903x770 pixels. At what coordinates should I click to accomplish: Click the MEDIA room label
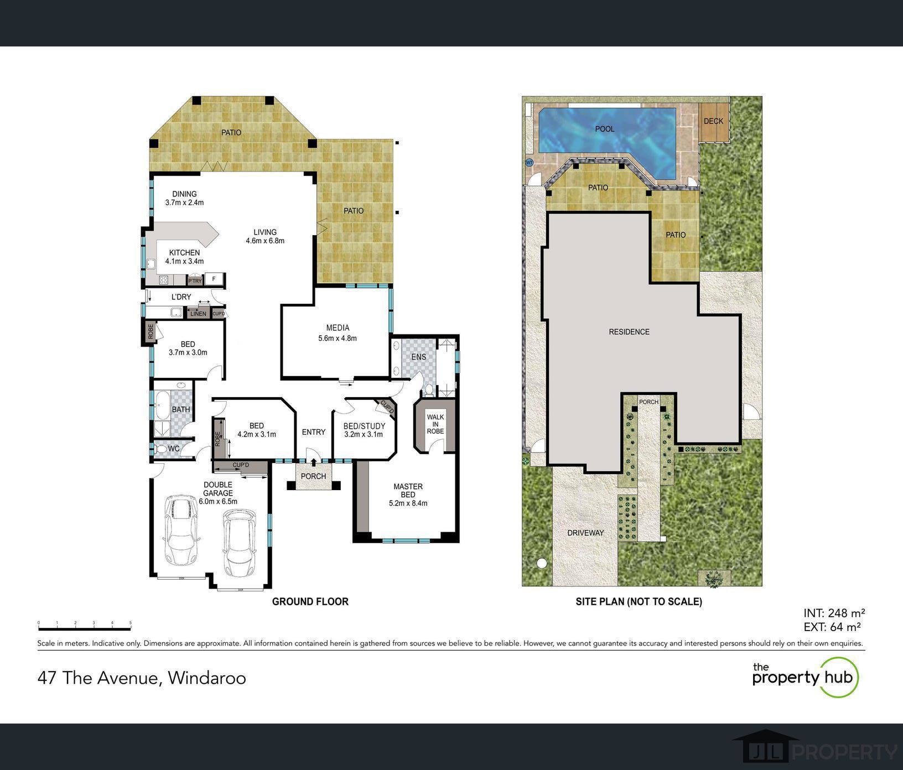point(337,328)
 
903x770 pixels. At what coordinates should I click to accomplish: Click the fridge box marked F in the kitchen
point(214,279)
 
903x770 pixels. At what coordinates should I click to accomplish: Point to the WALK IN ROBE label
point(435,424)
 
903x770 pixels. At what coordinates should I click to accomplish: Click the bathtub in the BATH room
point(162,406)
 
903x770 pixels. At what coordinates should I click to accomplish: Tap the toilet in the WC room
point(160,449)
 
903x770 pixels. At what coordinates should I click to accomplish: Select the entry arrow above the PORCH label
point(314,462)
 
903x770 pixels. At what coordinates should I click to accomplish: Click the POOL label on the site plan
point(604,129)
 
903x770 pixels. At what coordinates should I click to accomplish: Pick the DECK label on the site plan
point(713,121)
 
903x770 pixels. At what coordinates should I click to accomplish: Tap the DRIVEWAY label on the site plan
point(585,533)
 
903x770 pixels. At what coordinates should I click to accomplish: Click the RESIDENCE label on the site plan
point(629,332)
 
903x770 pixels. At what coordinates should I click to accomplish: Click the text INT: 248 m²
point(834,613)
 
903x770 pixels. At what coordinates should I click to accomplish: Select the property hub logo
point(805,677)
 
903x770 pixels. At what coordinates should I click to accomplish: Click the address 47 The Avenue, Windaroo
point(142,678)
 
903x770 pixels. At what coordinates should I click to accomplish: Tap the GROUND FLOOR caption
point(310,601)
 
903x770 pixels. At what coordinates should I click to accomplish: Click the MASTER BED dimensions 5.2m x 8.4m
point(408,503)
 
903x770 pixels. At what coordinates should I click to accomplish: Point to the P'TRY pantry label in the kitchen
point(195,281)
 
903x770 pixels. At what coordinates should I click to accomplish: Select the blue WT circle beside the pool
point(529,163)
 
